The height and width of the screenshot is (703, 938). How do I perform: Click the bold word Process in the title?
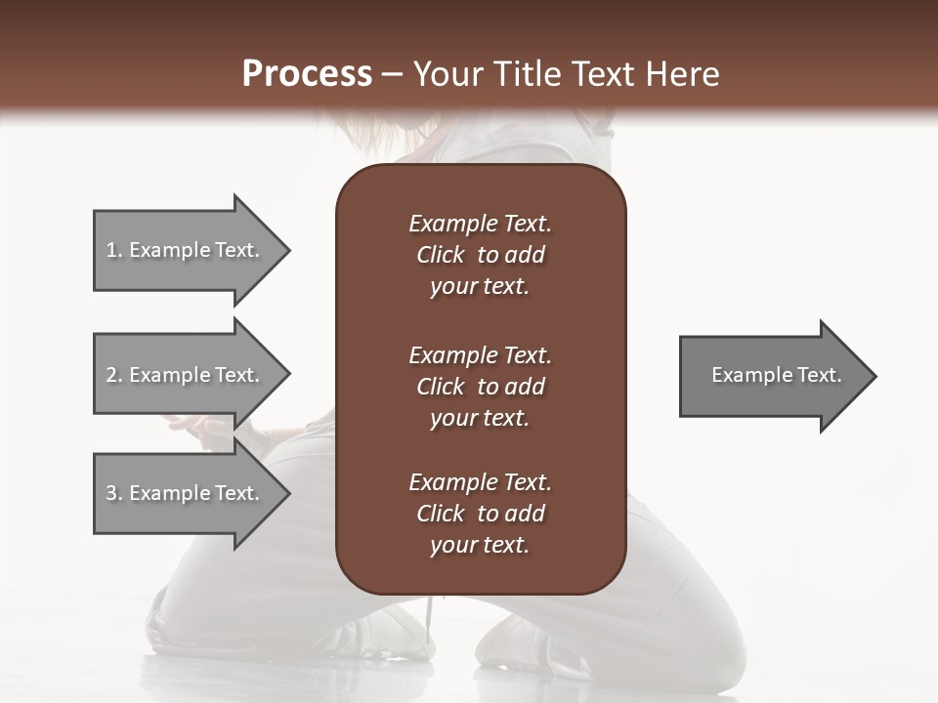tap(307, 74)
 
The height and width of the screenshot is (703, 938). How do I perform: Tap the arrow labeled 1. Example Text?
tap(186, 250)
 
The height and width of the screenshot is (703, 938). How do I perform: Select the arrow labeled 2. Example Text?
tap(186, 375)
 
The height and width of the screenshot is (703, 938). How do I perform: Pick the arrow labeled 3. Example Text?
tap(186, 493)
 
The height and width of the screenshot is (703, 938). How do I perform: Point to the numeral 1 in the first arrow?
tap(111, 250)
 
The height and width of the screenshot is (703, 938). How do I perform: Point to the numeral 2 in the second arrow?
tap(111, 375)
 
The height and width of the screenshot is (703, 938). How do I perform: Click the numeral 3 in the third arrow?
tap(111, 493)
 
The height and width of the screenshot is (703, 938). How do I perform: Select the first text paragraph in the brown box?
tap(480, 255)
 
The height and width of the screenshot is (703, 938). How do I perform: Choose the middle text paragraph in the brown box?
tap(480, 387)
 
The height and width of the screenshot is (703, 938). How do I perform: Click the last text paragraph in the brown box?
tap(480, 514)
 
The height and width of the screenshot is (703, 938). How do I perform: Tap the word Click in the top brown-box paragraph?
tap(441, 255)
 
